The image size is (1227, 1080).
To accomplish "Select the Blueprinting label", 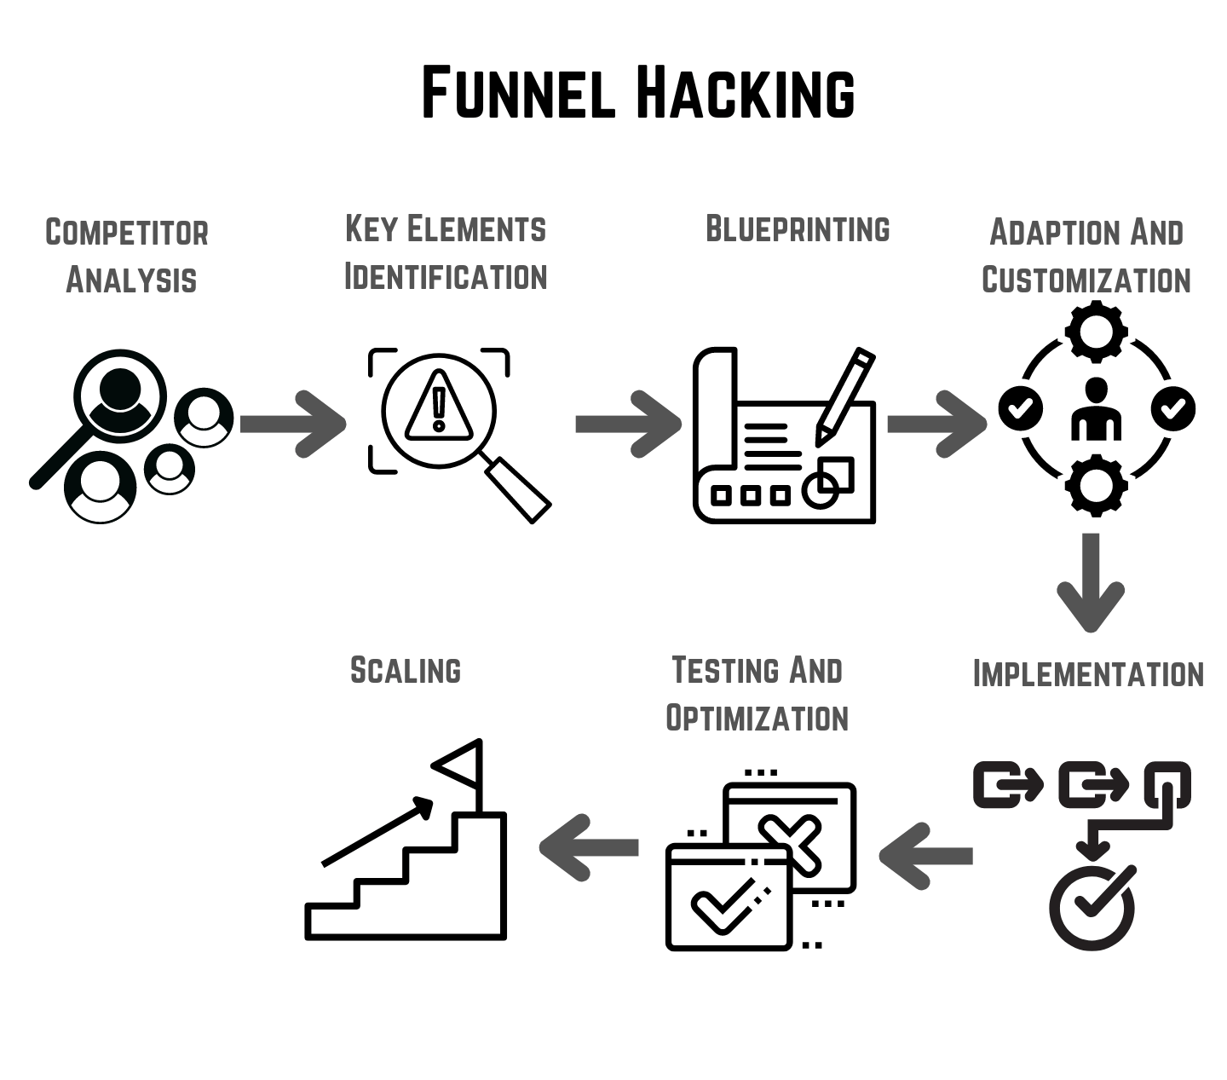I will click(798, 229).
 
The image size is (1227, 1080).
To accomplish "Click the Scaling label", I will click(406, 671).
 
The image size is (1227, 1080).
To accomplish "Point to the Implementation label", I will click(1088, 674).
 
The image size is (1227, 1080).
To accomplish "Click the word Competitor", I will click(127, 233).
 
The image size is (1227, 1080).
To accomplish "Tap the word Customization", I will click(1086, 280).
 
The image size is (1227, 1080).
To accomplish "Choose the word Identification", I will click(445, 277).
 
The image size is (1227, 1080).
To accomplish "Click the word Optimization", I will click(757, 719).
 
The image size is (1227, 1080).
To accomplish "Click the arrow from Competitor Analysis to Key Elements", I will click(292, 424).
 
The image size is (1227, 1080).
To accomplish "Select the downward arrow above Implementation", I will click(1091, 582).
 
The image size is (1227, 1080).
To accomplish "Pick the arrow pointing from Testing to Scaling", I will click(589, 847).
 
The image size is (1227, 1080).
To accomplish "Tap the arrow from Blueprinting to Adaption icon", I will click(936, 424).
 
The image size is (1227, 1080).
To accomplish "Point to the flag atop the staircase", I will click(461, 765).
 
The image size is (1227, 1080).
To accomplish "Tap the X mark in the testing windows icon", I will click(789, 840).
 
